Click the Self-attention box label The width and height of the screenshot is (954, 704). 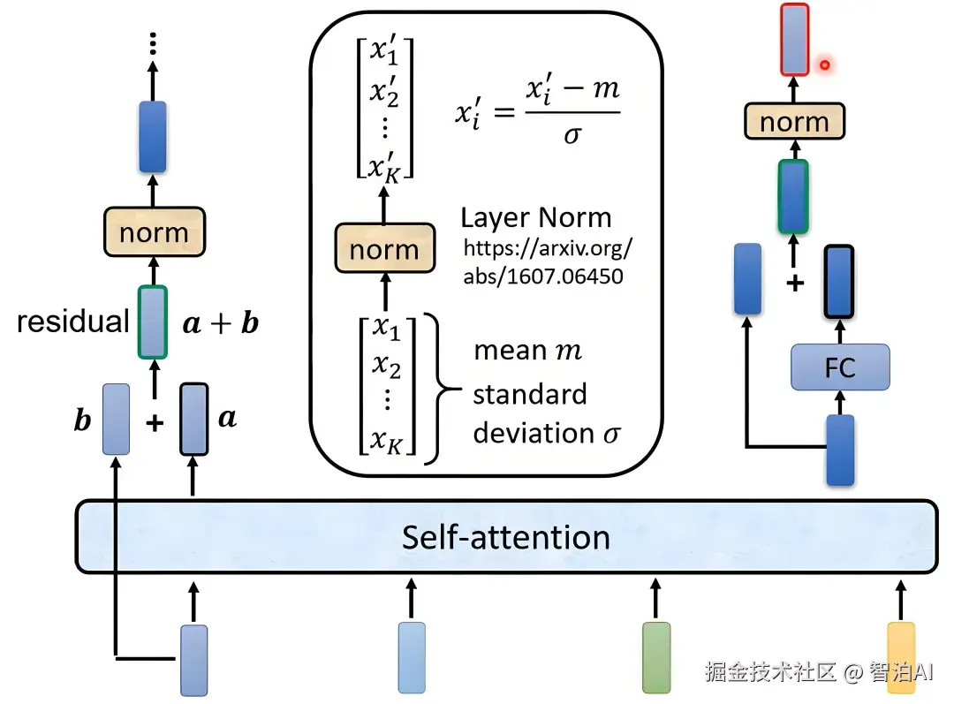pos(505,537)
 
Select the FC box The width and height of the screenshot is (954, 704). pos(839,367)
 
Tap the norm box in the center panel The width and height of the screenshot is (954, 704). pos(384,249)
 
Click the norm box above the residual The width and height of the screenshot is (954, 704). pos(154,232)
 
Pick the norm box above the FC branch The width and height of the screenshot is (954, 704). pos(794,122)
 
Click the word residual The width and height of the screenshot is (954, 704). pos(73,322)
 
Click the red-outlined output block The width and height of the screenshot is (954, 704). pos(794,39)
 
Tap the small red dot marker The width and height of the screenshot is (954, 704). pos(825,64)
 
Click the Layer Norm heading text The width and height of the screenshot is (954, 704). pos(535,218)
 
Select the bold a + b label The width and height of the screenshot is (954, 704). pos(221,323)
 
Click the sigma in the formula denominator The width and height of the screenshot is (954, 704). pos(572,137)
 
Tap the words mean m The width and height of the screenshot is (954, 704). pos(527,351)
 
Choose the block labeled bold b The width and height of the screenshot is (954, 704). pos(117,419)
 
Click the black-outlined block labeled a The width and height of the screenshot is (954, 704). pos(193,419)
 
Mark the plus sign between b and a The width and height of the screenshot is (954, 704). pos(155,423)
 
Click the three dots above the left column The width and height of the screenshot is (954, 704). pos(153,42)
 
